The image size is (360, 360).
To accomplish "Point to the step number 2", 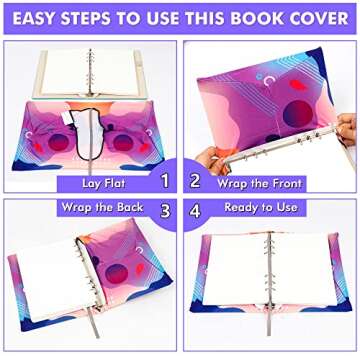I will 195,182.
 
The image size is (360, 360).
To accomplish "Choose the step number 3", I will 165,211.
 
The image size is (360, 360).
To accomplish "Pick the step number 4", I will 195,211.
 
